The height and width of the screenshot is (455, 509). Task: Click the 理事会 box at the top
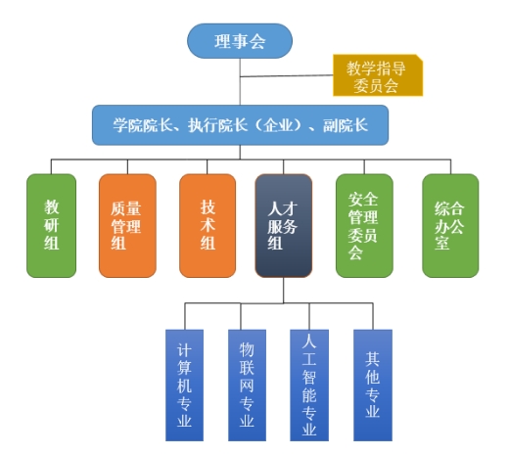click(240, 41)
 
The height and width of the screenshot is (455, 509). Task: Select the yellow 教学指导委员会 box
click(378, 75)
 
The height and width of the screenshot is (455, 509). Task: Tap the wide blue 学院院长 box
click(241, 125)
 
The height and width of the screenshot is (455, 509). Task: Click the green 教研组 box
click(52, 226)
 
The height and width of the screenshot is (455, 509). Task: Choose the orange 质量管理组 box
click(127, 226)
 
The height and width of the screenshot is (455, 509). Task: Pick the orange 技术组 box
click(208, 226)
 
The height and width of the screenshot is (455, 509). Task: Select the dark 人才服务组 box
click(284, 226)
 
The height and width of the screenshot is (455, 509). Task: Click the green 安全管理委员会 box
click(364, 226)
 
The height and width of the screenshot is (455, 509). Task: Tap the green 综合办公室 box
click(450, 226)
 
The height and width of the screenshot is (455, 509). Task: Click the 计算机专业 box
click(184, 386)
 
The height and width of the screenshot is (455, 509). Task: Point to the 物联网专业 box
click(247, 386)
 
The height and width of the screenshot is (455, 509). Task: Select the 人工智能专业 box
click(309, 386)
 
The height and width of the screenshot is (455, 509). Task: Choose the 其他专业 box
click(373, 386)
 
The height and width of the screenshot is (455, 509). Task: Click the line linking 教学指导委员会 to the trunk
click(287, 76)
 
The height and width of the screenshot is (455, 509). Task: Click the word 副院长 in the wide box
click(346, 125)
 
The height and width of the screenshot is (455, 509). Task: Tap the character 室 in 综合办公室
click(442, 243)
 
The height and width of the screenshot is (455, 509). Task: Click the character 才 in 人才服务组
click(290, 208)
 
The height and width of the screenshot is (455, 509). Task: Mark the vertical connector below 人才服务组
click(284, 291)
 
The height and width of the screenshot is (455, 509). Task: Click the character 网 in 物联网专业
click(247, 386)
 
